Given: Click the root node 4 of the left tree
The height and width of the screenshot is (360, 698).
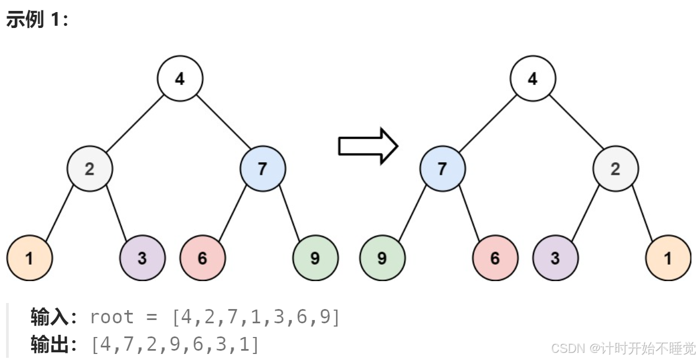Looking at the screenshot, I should [x=180, y=78].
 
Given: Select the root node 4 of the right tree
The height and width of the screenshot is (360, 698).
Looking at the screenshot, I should [x=532, y=78].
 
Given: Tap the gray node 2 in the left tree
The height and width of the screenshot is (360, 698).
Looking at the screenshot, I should [x=90, y=168].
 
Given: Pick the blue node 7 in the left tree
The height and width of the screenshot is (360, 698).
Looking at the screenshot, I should [x=263, y=168].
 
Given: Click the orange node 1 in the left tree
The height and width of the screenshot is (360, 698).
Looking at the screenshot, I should [x=30, y=258].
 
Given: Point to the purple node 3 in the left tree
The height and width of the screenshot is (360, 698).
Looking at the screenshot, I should [x=142, y=258].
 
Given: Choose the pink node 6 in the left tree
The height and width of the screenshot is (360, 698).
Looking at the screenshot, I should [x=202, y=258].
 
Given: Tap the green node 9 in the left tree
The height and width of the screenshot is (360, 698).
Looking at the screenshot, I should [x=315, y=258].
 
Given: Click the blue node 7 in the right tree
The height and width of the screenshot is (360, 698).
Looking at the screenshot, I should [x=442, y=168].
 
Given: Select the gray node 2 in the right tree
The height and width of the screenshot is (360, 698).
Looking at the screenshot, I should [x=615, y=168].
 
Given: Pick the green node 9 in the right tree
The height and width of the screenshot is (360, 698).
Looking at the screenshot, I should [x=382, y=258].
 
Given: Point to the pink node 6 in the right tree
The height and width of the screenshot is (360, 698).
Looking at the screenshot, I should [x=495, y=258].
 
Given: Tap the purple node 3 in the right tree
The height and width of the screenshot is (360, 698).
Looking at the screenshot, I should [x=555, y=258].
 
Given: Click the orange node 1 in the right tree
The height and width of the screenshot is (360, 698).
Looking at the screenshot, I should [x=668, y=258].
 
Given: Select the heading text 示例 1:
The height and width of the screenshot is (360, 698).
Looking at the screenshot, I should [x=37, y=20].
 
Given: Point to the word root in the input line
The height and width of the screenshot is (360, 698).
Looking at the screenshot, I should [x=111, y=317].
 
